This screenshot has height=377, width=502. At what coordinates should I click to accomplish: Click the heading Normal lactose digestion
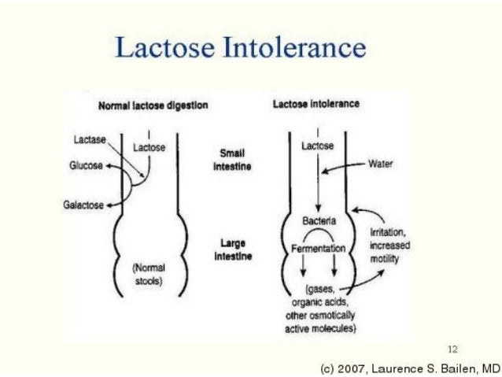coord(153,106)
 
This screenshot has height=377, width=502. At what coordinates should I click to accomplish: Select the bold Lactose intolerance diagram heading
coord(316,104)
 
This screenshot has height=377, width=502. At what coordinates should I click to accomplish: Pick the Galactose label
coord(83,205)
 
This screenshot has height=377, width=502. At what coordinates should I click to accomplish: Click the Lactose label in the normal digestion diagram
coord(149,146)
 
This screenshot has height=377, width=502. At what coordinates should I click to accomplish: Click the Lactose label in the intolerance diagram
coord(318,146)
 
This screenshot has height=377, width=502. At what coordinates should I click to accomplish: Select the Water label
coord(380,164)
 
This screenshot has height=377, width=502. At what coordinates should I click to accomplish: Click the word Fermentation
coord(319,248)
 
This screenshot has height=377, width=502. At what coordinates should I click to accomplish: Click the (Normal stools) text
coord(148,276)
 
